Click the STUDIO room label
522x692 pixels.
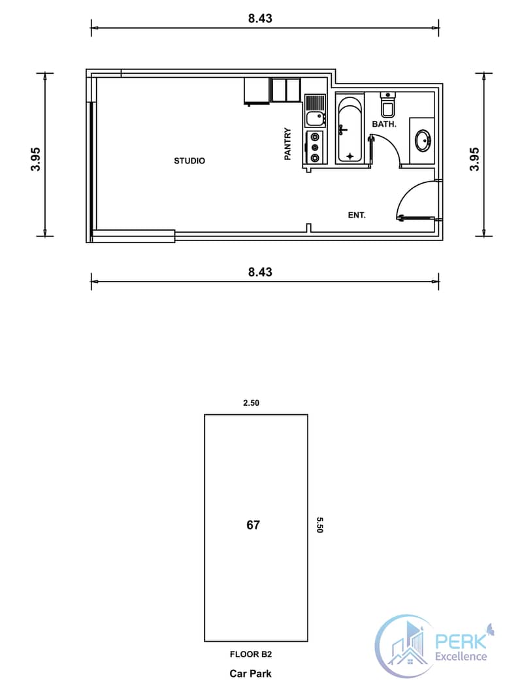pyautogui.click(x=189, y=161)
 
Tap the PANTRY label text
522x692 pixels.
pyautogui.click(x=287, y=144)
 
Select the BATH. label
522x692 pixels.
pyautogui.click(x=384, y=124)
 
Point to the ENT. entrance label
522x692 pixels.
pyautogui.click(x=357, y=215)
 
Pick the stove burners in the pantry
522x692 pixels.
pyautogui.click(x=316, y=148)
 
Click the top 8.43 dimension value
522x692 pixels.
pyautogui.click(x=260, y=18)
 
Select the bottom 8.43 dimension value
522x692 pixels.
pyautogui.click(x=260, y=272)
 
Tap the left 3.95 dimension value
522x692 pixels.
pyautogui.click(x=36, y=159)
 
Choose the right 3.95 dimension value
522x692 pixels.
pyautogui.click(x=475, y=159)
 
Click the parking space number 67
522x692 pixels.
pyautogui.click(x=253, y=525)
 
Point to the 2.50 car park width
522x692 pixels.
pyautogui.click(x=251, y=403)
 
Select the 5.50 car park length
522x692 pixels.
pyautogui.click(x=319, y=525)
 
